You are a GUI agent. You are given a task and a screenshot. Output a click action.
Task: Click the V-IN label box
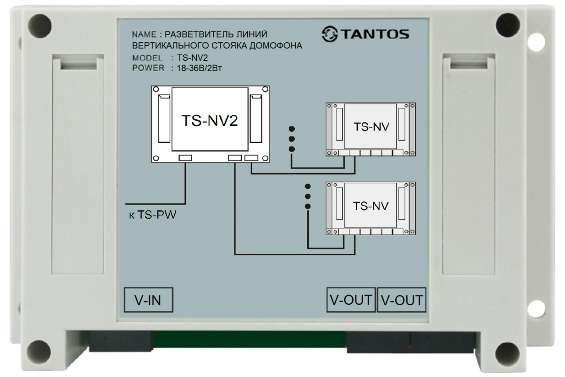(x=148, y=300)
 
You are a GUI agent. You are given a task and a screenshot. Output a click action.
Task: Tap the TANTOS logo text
(x=375, y=34)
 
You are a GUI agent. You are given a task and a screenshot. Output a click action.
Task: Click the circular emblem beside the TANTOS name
(x=330, y=33)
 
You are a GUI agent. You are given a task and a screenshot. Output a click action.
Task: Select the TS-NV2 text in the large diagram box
(x=210, y=121)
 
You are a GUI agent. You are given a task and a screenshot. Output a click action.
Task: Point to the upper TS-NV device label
(x=371, y=127)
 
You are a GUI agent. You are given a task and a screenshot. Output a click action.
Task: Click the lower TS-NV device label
(x=371, y=206)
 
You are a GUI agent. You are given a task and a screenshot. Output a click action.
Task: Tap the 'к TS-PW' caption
(x=153, y=215)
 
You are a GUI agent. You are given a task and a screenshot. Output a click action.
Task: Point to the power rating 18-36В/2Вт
(x=199, y=68)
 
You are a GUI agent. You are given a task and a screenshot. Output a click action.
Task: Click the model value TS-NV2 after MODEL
(x=192, y=58)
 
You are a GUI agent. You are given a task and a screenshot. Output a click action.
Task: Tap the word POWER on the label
(x=148, y=68)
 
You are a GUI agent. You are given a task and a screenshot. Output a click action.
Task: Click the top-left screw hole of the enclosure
(x=40, y=26)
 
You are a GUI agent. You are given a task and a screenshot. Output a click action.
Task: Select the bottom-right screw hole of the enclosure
(x=508, y=353)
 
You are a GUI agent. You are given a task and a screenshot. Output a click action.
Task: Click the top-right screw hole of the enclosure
(x=508, y=25)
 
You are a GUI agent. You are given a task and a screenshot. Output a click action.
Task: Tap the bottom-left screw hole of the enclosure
(x=39, y=352)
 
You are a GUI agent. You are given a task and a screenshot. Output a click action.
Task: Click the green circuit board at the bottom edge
(x=249, y=339)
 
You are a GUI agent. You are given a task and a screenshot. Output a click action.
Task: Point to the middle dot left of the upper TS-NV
(x=292, y=139)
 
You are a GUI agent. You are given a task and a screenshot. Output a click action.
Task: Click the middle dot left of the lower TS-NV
(x=308, y=196)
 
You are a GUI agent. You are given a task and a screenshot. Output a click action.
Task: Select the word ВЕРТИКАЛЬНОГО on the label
(x=170, y=46)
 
